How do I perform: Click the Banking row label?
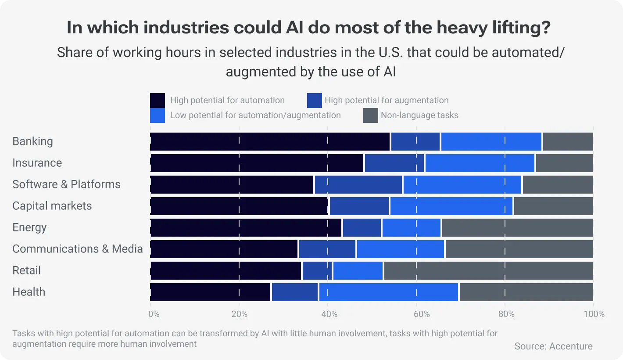[x=32, y=141]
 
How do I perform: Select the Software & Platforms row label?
[x=66, y=184]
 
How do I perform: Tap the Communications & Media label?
[x=78, y=249]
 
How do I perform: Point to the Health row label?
[x=29, y=292]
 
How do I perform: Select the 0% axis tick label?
[x=154, y=314]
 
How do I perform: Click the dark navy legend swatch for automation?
[x=158, y=101]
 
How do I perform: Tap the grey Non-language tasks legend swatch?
[x=371, y=115]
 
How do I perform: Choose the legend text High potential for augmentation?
[x=386, y=101]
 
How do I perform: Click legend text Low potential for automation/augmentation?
[x=255, y=115]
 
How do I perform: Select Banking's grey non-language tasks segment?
[x=568, y=141]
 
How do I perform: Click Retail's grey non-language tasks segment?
[x=488, y=270]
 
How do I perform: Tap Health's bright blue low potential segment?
[x=388, y=292]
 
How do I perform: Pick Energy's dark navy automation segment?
[x=246, y=227]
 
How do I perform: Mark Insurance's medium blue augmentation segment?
[x=394, y=163]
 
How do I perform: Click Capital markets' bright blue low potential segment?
[x=451, y=206]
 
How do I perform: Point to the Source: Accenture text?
[x=553, y=346]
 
